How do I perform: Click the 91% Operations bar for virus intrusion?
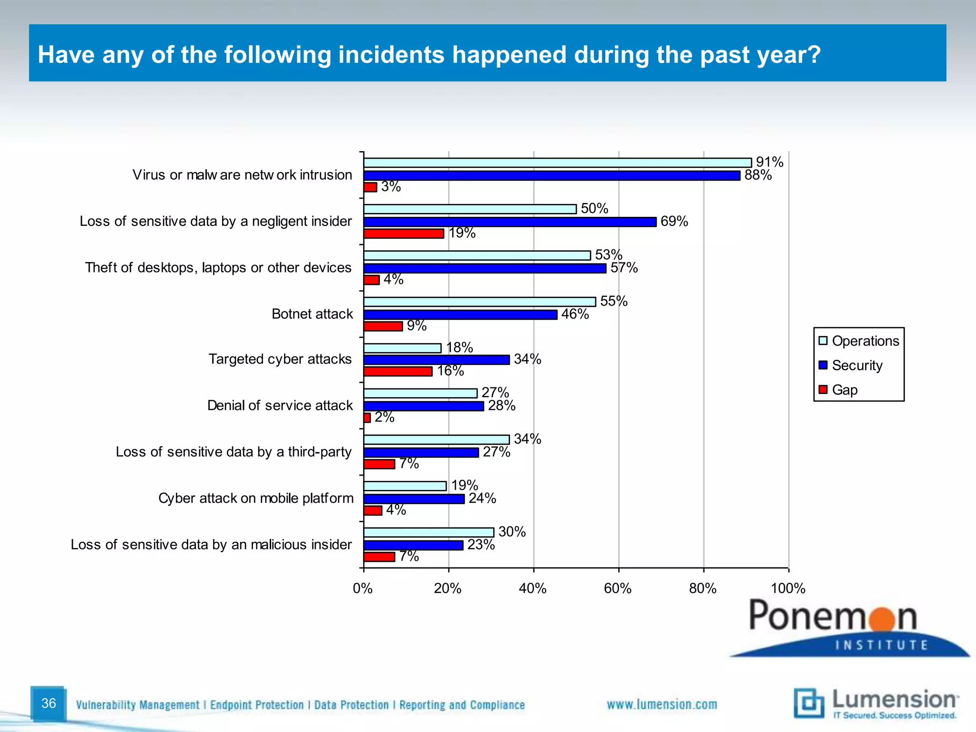(557, 163)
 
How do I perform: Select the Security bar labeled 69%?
(509, 222)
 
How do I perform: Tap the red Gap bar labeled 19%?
(404, 234)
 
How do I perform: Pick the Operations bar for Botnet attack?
(479, 302)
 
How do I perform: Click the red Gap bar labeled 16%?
(398, 371)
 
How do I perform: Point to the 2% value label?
(384, 417)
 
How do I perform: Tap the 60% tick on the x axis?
(618, 589)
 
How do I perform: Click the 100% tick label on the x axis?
(788, 589)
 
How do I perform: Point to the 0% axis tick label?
(363, 589)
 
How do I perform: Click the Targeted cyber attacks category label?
(280, 359)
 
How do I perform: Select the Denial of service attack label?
(280, 406)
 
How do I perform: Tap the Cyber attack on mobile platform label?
(256, 498)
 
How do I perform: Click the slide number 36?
(49, 703)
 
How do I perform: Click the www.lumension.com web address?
(661, 705)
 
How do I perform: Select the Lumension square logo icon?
(809, 703)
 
